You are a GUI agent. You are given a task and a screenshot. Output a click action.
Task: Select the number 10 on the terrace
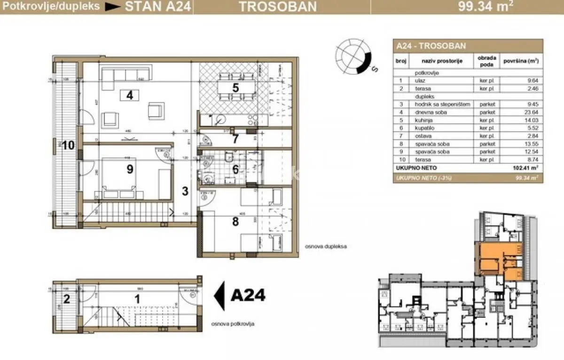click(x=68, y=145)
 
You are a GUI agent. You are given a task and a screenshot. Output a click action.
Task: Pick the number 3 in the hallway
click(x=185, y=191)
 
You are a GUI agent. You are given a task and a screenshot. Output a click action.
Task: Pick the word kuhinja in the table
click(x=424, y=120)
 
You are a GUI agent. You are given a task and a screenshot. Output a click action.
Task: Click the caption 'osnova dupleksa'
click(x=323, y=246)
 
